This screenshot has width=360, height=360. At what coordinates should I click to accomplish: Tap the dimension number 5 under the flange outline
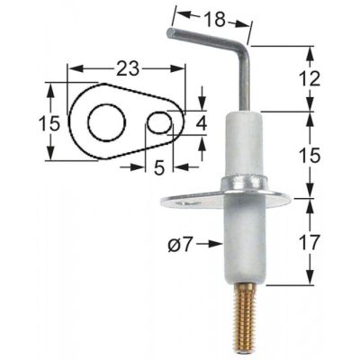click(x=158, y=166)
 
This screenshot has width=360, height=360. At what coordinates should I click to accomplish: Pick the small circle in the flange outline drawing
click(x=159, y=121)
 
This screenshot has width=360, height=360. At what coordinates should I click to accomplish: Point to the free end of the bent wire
click(x=170, y=35)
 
